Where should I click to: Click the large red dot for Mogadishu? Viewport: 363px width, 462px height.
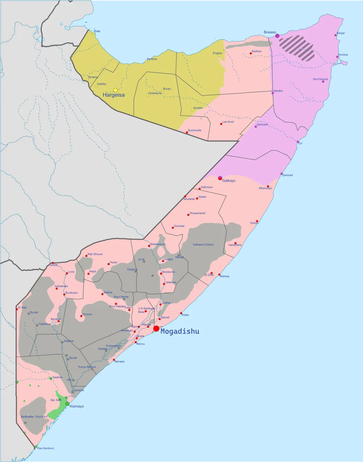[156, 329]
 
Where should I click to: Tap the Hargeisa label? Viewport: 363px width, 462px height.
[114, 95]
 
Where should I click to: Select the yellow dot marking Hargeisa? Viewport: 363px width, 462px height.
[115, 90]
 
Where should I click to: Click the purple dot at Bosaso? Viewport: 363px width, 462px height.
[277, 36]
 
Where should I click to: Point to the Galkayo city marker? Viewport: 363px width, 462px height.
[220, 178]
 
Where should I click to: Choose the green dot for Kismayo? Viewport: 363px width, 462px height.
[67, 404]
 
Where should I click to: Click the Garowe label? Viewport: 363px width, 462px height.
[262, 125]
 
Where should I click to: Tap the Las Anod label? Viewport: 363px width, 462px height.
[228, 122]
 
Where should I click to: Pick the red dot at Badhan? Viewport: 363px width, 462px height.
[250, 54]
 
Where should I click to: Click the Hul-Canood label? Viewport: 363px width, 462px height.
[320, 79]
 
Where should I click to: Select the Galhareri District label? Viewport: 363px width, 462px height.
[203, 245]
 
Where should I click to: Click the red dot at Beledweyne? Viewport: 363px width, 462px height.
[149, 246]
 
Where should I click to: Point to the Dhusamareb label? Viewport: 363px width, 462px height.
[197, 213]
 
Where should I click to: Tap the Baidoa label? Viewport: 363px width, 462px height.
[108, 292]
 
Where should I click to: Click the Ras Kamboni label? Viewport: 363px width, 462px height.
[46, 448]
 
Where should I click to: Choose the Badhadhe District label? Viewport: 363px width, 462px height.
[34, 417]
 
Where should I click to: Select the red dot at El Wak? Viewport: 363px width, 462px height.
[17, 309]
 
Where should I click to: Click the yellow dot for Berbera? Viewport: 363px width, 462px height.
[146, 61]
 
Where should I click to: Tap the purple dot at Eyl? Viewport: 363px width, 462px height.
[298, 142]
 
